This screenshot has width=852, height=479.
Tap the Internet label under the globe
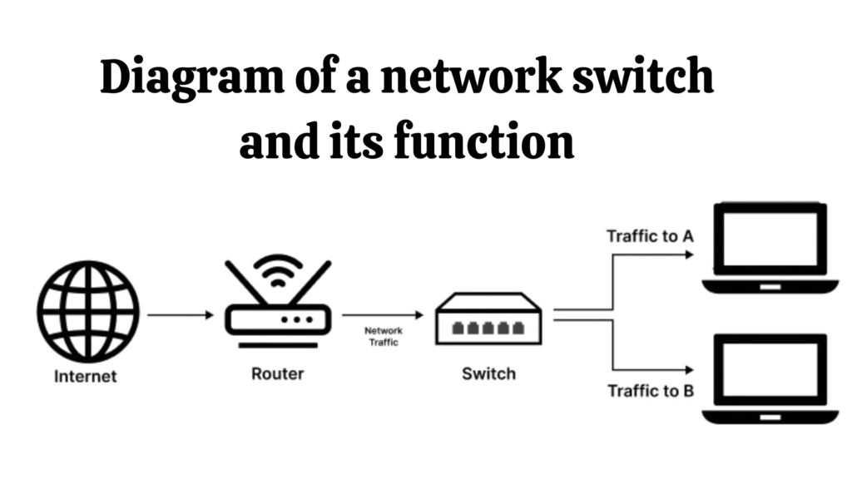pos(86,376)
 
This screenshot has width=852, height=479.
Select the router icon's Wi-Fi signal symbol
pos(278,269)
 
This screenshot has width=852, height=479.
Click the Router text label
pos(278,373)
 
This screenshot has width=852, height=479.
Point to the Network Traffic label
pos(384,336)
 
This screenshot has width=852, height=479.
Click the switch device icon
pos(489,320)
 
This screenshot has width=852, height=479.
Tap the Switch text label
pos(488,373)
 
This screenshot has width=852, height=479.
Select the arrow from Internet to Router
pos(181,315)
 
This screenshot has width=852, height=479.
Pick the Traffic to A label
pos(650,236)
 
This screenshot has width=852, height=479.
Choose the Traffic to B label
pos(651,390)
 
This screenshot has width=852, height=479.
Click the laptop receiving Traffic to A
pos(770,249)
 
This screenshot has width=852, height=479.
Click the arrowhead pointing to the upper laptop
pos(687,254)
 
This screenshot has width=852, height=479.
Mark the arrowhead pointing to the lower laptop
pos(687,369)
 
